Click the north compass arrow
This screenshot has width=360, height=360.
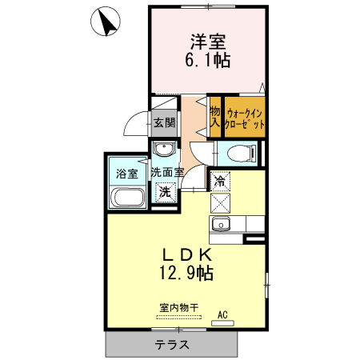pos(106,22)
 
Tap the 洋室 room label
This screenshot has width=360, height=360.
pos(206,39)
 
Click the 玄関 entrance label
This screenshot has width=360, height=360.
pos(164,122)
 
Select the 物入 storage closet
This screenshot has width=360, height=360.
pos(214,117)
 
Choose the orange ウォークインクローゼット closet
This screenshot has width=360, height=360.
pos(244,118)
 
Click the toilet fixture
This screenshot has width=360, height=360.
pos(239,153)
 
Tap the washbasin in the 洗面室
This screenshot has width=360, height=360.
pos(165,150)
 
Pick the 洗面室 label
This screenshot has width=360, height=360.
pos(168,172)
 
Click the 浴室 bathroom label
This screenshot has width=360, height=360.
pos(127,173)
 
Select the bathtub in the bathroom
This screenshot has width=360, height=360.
pos(127,198)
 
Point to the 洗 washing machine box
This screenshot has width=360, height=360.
pos(165,192)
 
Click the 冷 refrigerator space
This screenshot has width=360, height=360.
pos(220,182)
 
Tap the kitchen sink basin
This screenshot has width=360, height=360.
pos(220,223)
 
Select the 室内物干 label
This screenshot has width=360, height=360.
pos(178,306)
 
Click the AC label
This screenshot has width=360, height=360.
pos(222,314)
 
